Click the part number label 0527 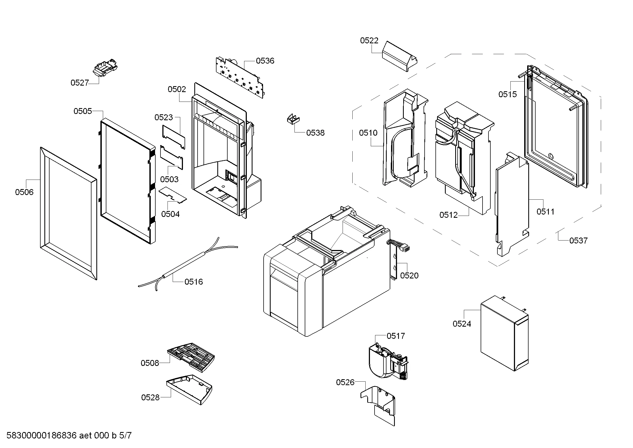point(80,83)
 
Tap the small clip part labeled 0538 point(293,119)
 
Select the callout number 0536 point(265,61)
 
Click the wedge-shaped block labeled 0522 point(399,57)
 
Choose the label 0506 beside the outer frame point(24,192)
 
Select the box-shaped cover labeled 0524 point(504,334)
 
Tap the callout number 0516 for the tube point(193,282)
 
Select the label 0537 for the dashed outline point(578,241)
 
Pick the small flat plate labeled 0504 point(173,195)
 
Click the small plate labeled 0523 point(173,137)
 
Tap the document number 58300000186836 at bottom point(41,436)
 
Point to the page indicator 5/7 point(126,436)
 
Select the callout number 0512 point(448,215)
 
